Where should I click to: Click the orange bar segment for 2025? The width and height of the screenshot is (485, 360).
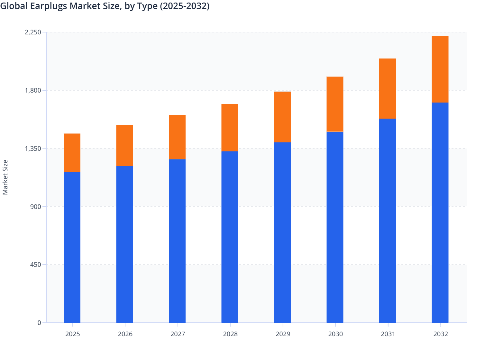pyautogui.click(x=72, y=153)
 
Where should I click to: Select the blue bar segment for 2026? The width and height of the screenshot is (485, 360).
pyautogui.click(x=124, y=244)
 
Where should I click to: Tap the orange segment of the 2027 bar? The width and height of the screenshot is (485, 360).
pyautogui.click(x=177, y=137)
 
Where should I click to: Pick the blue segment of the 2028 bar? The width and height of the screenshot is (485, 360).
pyautogui.click(x=230, y=237)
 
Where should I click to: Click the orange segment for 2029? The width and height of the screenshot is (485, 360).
pyautogui.click(x=282, y=117)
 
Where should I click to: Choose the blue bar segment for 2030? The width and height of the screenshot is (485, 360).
pyautogui.click(x=335, y=227)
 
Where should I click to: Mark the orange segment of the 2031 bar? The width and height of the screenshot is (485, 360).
pyautogui.click(x=388, y=88)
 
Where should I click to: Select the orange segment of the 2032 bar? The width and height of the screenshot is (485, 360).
pyautogui.click(x=440, y=69)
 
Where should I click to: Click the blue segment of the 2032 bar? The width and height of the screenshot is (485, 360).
pyautogui.click(x=440, y=212)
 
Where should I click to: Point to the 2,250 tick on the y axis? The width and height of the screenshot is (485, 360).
pyautogui.click(x=33, y=32)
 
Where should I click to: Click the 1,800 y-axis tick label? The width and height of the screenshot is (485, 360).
pyautogui.click(x=33, y=90)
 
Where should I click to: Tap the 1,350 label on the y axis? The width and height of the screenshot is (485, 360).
pyautogui.click(x=33, y=148)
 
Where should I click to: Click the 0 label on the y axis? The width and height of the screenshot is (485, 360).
pyautogui.click(x=39, y=323)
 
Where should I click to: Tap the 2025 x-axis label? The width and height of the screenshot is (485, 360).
pyautogui.click(x=72, y=334)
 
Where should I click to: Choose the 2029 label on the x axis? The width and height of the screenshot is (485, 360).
pyautogui.click(x=283, y=334)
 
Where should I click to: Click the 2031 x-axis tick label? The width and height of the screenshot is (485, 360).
pyautogui.click(x=388, y=334)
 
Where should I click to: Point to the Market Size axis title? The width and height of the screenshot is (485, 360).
pyautogui.click(x=5, y=177)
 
